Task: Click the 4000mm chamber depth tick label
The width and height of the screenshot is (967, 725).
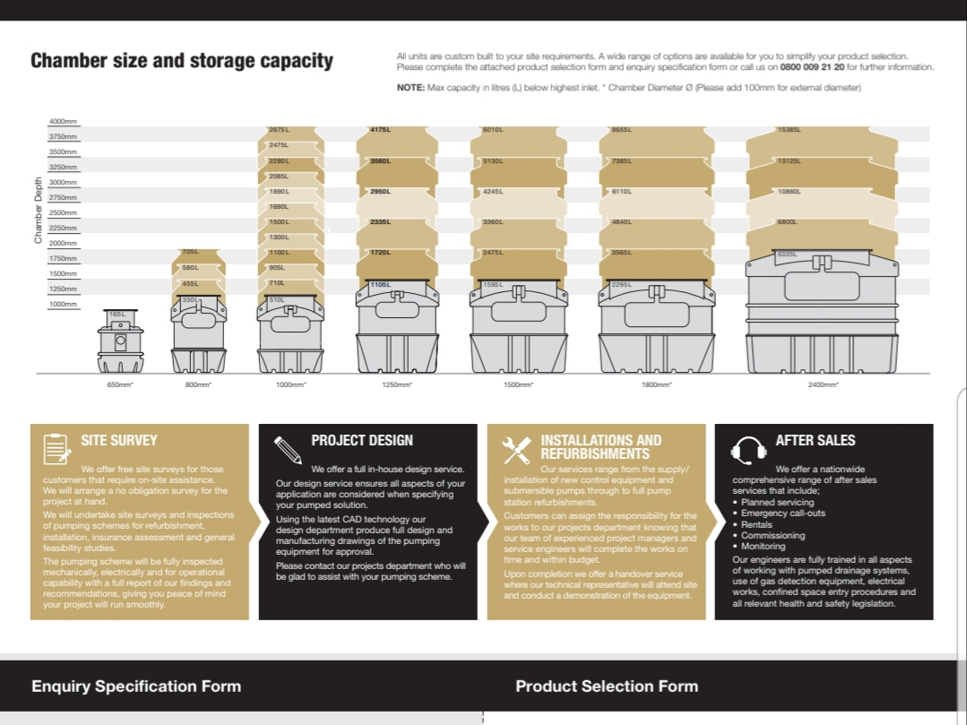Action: click(x=63, y=122)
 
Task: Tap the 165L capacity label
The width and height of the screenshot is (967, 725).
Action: click(x=117, y=315)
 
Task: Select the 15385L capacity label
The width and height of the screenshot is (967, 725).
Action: click(x=789, y=130)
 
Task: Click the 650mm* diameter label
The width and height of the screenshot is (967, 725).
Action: click(x=120, y=384)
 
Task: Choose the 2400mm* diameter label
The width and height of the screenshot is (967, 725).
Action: click(x=823, y=384)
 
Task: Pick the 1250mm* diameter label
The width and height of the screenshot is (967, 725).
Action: click(x=397, y=384)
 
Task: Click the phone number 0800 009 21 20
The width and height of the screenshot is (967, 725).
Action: click(x=812, y=67)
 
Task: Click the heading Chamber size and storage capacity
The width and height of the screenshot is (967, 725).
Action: click(x=181, y=61)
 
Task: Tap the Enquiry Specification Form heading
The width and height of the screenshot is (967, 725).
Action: click(x=136, y=686)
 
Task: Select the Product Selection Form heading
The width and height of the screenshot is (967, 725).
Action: click(x=606, y=686)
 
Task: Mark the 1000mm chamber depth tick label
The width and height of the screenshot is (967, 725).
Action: click(x=63, y=305)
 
